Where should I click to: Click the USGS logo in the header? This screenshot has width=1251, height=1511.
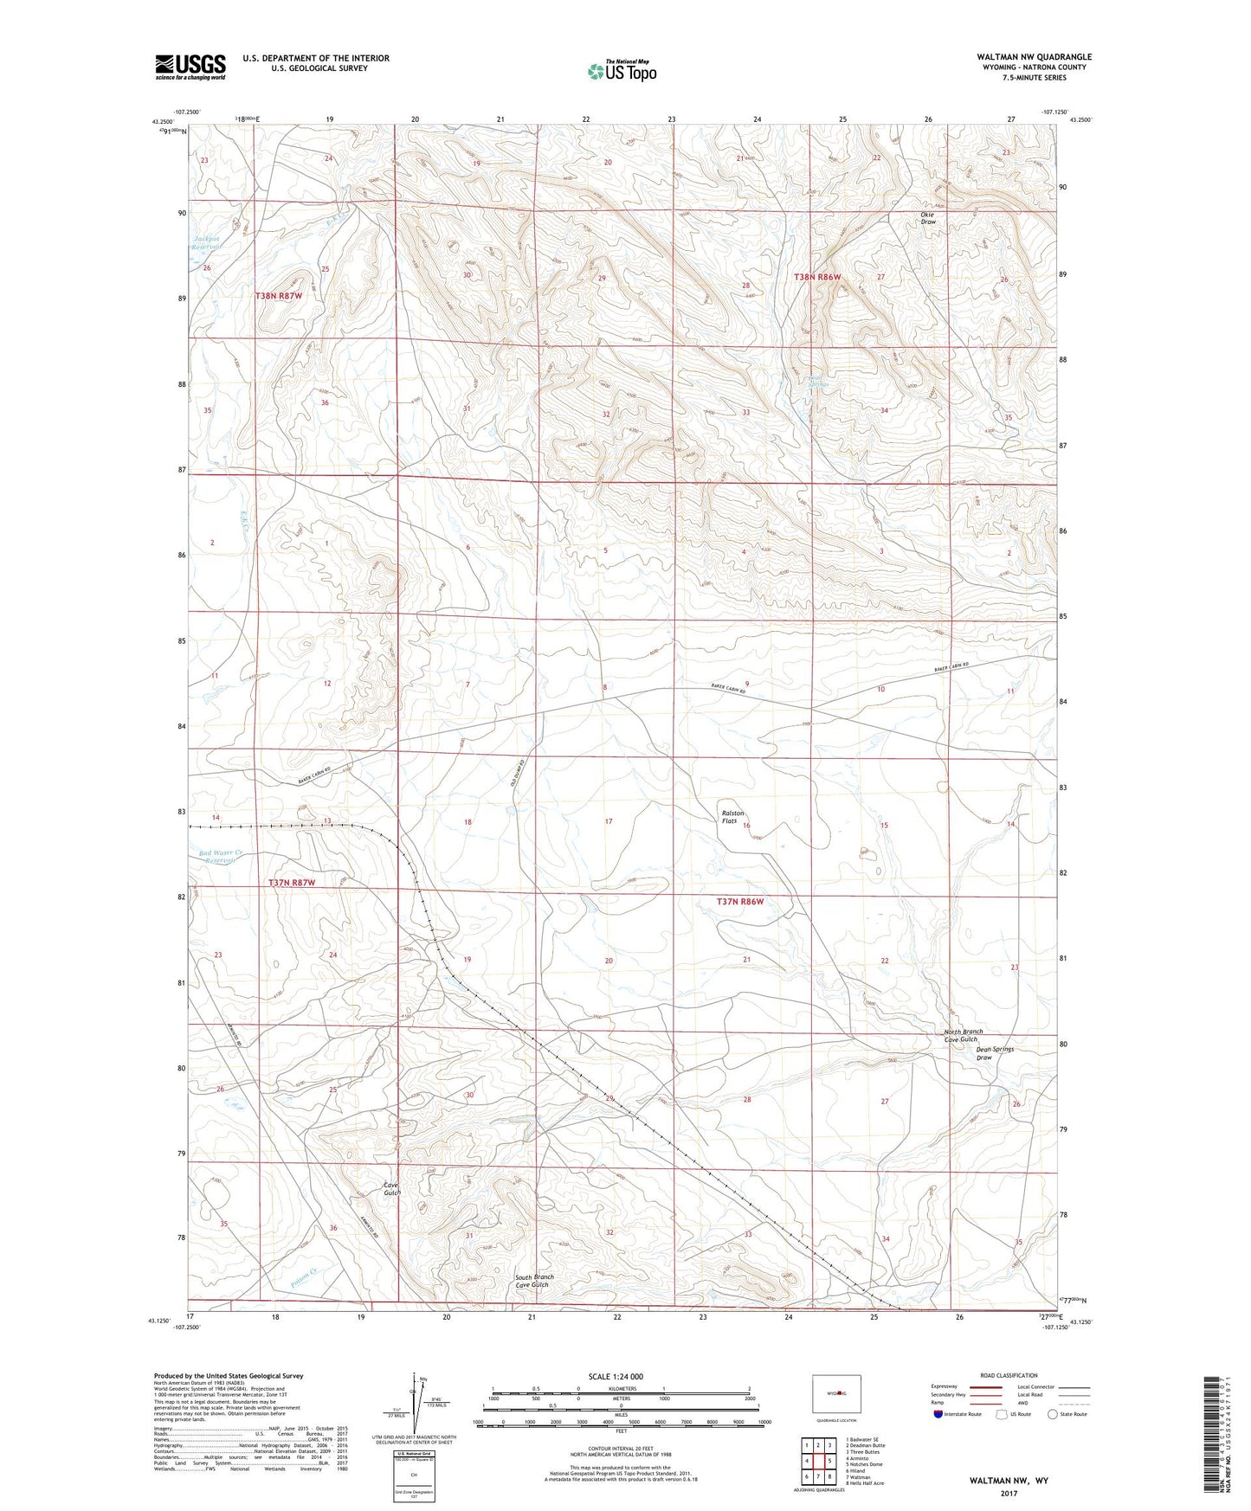tap(190, 67)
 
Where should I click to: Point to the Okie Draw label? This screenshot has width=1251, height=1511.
tap(928, 217)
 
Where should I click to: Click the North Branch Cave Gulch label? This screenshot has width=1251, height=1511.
tap(964, 1035)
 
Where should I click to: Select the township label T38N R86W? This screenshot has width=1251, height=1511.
tap(817, 277)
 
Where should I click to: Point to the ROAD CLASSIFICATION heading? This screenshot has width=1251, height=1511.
tap(1008, 1375)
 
